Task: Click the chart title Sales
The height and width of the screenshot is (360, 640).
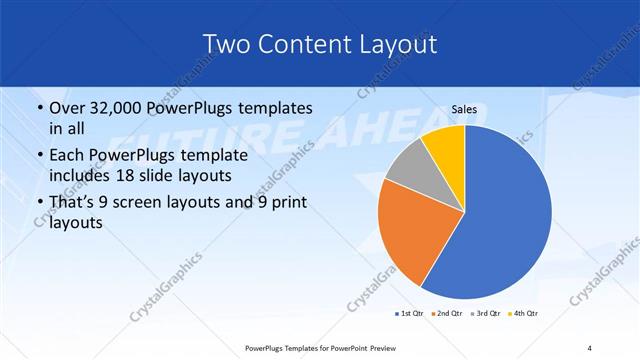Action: [x=463, y=108]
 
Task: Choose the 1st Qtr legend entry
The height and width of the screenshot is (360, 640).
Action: [x=410, y=314]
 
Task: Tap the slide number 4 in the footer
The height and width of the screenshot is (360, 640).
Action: [x=590, y=348]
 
